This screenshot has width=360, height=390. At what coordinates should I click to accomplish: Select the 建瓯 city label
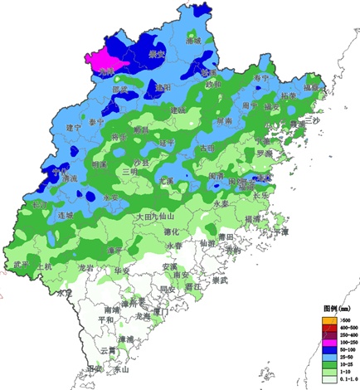point(178,110)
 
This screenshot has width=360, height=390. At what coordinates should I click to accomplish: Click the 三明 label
point(130,171)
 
